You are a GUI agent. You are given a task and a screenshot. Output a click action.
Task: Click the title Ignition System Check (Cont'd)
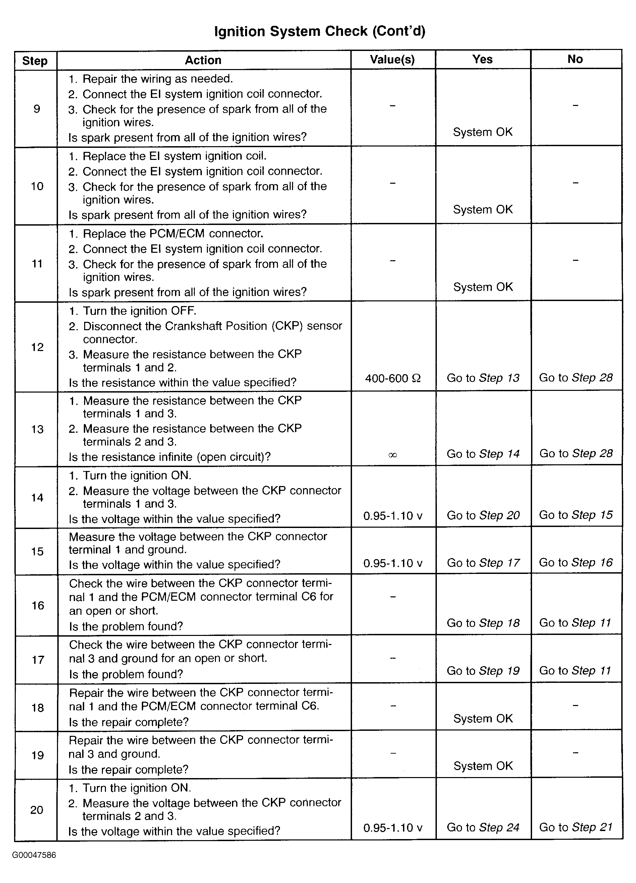(320, 31)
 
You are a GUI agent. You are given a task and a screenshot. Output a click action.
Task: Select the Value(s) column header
(392, 60)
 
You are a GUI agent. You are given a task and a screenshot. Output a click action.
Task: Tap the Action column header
(203, 60)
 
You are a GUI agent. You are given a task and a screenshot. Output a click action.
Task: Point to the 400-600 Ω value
(393, 378)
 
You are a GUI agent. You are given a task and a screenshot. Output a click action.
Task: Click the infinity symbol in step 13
(393, 455)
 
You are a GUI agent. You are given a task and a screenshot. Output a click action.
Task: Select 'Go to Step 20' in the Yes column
(483, 515)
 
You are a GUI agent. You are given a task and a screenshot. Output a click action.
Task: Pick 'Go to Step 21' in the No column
(576, 827)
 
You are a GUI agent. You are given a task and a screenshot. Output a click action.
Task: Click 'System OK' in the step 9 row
(483, 132)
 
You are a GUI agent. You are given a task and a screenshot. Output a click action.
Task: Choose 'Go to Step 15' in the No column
(576, 515)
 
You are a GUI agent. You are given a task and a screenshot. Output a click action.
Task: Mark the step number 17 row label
(38, 659)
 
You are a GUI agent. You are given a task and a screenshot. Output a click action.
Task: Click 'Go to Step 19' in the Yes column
(483, 670)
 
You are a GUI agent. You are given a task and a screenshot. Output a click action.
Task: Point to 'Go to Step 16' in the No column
(576, 562)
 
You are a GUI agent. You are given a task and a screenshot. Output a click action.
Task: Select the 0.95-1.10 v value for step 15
(393, 563)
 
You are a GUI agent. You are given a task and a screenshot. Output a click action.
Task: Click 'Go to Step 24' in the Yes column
(483, 827)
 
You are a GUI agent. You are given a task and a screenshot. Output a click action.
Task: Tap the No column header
(575, 59)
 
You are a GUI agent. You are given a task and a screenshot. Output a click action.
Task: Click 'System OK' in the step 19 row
(483, 766)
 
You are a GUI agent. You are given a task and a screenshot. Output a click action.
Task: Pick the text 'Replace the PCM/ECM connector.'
(173, 234)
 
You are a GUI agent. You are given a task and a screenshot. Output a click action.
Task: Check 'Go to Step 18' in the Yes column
(483, 623)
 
